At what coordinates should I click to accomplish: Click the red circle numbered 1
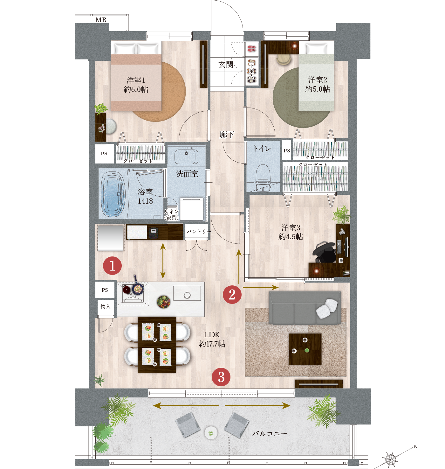[x=112, y=265]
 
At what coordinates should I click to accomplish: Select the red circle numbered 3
[x=221, y=377]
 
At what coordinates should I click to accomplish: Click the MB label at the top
[x=101, y=20]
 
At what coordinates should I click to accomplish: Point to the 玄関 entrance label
[x=226, y=64]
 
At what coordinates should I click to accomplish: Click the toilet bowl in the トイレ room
[x=263, y=178]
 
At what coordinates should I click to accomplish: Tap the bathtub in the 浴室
[x=113, y=194]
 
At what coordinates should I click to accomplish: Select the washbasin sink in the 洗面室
[x=186, y=156]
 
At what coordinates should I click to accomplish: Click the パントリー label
[x=199, y=231]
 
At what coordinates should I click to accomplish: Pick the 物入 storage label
[x=105, y=306]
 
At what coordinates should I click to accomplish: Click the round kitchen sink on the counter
[x=187, y=295]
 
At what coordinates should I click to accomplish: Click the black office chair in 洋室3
[x=325, y=252]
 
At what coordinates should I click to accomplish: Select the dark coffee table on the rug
[x=305, y=349]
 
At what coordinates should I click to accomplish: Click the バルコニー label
[x=269, y=433]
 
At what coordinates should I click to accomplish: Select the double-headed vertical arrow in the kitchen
[x=163, y=261]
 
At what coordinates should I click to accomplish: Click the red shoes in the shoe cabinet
[x=251, y=49]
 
